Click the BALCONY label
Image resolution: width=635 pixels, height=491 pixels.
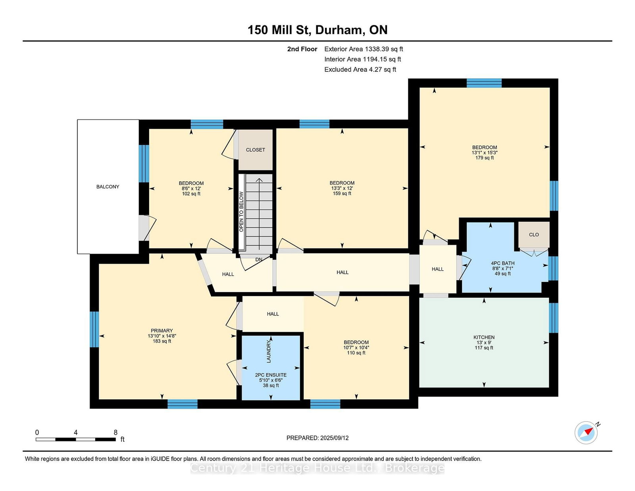[108, 187]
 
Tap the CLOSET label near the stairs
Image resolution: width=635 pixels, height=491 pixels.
[256, 150]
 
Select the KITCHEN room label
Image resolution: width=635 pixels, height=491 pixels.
[484, 337]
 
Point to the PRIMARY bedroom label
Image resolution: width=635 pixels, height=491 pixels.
[162, 331]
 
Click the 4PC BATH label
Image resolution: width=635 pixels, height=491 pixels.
[502, 263]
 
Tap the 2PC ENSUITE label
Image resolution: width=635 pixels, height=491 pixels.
[271, 375]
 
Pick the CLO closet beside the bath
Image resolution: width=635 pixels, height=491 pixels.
[534, 235]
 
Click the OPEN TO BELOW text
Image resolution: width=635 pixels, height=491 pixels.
[241, 212]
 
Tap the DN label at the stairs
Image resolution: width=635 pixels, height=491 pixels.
[259, 260]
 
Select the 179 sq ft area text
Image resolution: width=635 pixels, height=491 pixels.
[485, 158]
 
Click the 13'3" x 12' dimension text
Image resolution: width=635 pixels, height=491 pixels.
[342, 189]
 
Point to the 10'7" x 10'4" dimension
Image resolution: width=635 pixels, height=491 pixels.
[356, 348]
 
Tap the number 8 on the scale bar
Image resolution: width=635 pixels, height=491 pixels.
[116, 433]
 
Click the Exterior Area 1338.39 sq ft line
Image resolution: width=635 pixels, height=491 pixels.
[364, 49]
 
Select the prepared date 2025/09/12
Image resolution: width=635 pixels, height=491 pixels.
[334, 438]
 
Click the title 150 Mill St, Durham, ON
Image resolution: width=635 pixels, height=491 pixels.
[317, 30]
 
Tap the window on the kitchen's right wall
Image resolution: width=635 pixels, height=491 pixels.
[554, 318]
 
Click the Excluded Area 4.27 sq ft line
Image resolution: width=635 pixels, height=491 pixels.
[360, 69]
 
